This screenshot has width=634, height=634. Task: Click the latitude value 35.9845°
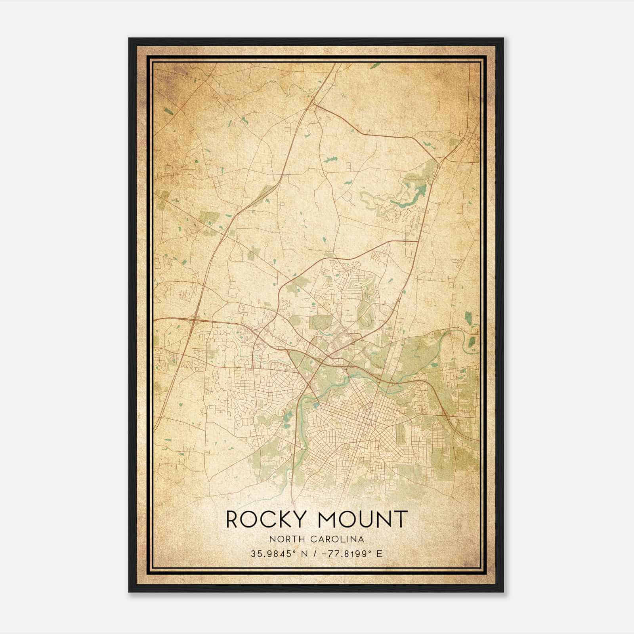(x=273, y=554)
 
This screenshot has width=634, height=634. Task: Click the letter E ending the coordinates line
(x=380, y=554)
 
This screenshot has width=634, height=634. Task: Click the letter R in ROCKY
(x=233, y=519)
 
